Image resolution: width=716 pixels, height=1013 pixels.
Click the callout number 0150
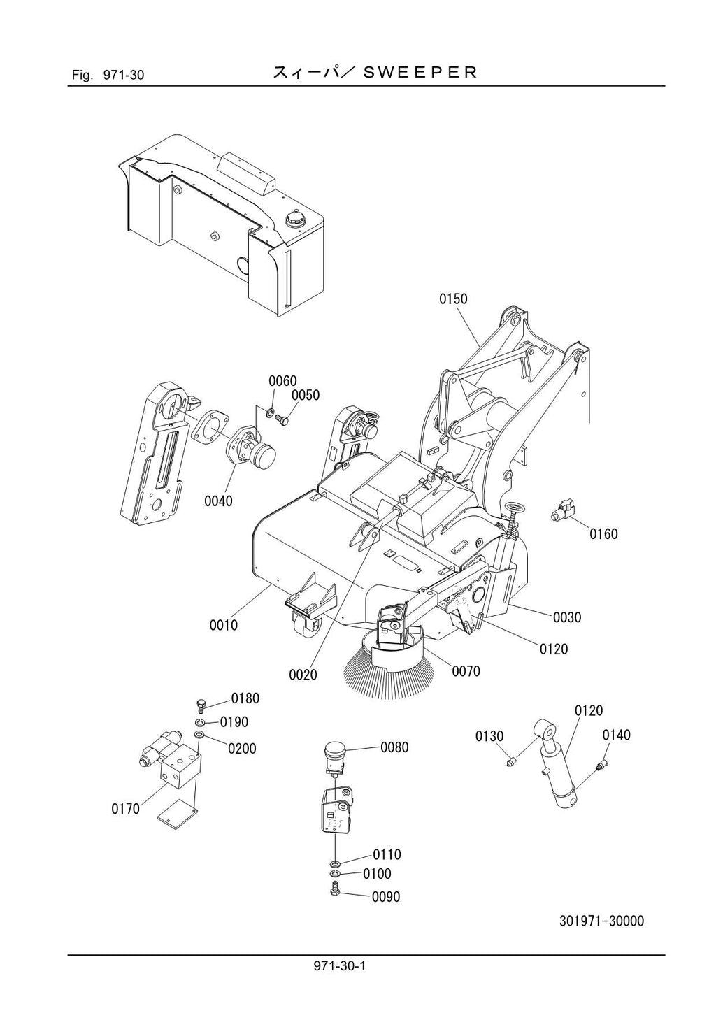point(453,299)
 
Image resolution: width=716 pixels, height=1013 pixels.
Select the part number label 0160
point(603,534)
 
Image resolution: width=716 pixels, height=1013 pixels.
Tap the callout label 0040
point(219,501)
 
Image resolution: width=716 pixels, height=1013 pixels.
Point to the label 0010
point(224,625)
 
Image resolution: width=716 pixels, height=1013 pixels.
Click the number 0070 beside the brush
point(466,671)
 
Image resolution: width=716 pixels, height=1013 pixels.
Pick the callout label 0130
point(489,736)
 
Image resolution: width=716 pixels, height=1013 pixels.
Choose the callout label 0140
point(616,735)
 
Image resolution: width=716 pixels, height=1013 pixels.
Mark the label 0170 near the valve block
point(126,809)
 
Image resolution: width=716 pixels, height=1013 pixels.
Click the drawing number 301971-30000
point(601,921)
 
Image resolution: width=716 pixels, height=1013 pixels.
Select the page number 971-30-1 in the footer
point(340,967)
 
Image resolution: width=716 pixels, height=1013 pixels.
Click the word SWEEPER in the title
point(421,72)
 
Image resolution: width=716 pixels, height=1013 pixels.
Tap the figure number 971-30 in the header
point(123,74)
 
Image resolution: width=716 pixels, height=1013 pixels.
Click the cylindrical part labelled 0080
point(334,759)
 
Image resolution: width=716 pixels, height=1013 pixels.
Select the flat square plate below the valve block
point(174,814)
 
